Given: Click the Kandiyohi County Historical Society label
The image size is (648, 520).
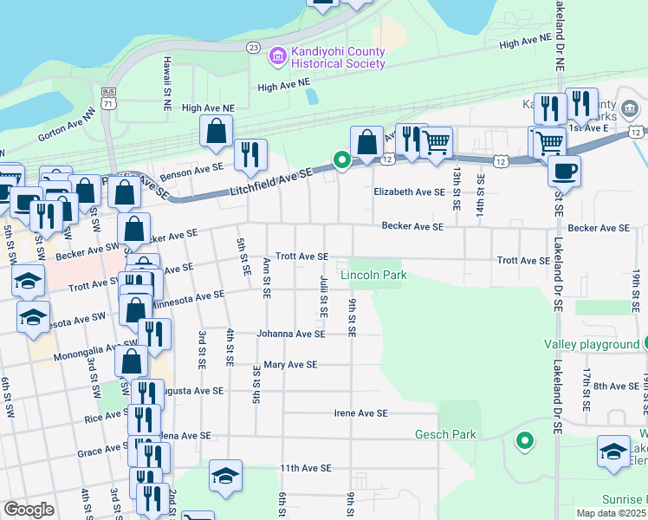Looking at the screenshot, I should pyautogui.click(x=338, y=58).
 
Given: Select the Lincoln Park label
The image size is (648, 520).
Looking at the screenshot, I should pyautogui.click(x=373, y=276).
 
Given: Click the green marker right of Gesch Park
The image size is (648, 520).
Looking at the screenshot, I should pyautogui.click(x=524, y=442).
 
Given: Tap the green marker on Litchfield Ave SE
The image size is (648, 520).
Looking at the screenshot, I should pyautogui.click(x=342, y=159).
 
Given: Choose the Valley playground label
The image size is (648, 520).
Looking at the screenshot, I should pyautogui.click(x=592, y=344).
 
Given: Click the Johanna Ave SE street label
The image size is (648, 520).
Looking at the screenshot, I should pyautogui.click(x=290, y=334).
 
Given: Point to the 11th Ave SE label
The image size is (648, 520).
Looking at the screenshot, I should pyautogui.click(x=306, y=468).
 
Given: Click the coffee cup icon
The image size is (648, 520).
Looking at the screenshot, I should pyautogui.click(x=564, y=171).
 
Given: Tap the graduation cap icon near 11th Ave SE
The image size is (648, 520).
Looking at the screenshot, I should pyautogui.click(x=225, y=476).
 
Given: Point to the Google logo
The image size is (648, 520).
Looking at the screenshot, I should pyautogui.click(x=28, y=510).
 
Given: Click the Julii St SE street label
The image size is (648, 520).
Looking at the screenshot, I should pyautogui.click(x=323, y=295).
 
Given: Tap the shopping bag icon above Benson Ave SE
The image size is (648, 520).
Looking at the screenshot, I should pyautogui.click(x=216, y=132).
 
